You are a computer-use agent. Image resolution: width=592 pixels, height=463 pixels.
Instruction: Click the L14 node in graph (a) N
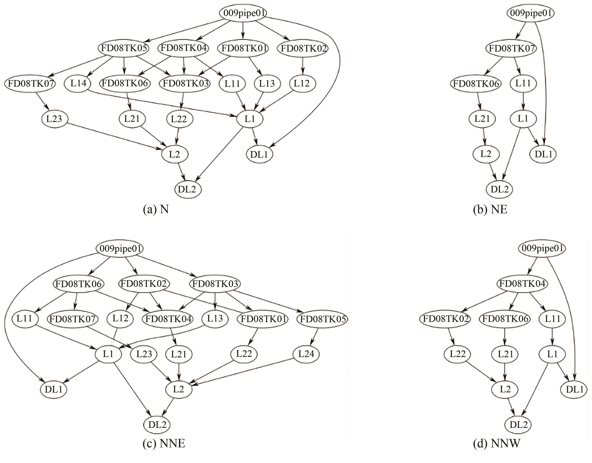click(x=78, y=83)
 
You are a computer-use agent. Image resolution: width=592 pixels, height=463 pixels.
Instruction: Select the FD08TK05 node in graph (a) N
click(x=124, y=48)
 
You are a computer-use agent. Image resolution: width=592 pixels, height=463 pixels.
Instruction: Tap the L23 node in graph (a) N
click(x=54, y=119)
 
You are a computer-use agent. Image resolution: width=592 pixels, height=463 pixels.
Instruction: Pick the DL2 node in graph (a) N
click(x=187, y=189)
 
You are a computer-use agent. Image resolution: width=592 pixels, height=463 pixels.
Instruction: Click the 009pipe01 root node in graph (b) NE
click(x=530, y=13)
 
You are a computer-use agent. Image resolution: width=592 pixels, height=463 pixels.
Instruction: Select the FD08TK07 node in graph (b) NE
click(x=511, y=49)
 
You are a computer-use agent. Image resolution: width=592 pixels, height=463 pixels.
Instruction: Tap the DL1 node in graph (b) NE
click(x=544, y=154)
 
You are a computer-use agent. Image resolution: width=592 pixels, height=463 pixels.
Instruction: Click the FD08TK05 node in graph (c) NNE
click(x=322, y=319)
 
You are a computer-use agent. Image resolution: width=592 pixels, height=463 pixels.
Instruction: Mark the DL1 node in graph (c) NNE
click(x=54, y=390)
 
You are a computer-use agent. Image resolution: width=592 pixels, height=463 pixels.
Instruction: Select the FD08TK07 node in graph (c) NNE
click(x=72, y=319)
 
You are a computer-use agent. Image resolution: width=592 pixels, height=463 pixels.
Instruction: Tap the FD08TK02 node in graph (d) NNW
click(x=446, y=319)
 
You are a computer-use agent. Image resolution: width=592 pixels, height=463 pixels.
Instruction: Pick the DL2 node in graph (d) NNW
click(x=518, y=424)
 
